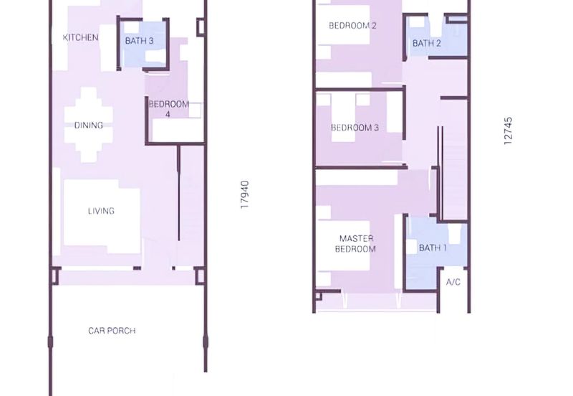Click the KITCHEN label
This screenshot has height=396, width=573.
pyautogui.click(x=80, y=37)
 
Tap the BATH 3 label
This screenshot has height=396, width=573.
pyautogui.click(x=139, y=41)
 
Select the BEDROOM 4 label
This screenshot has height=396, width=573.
pyautogui.click(x=168, y=109)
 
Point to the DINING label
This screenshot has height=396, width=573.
pyautogui.click(x=88, y=125)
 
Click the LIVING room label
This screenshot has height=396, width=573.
pyautogui.click(x=101, y=211)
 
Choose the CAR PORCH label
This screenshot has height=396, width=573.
pyautogui.click(x=112, y=331)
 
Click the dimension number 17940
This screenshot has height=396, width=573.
pyautogui.click(x=244, y=194)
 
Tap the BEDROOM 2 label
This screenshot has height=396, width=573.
pyautogui.click(x=352, y=26)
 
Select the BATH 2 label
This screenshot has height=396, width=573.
pyautogui.click(x=426, y=43)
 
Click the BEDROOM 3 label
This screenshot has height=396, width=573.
pyautogui.click(x=355, y=128)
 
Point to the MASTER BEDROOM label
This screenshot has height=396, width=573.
pyautogui.click(x=355, y=244)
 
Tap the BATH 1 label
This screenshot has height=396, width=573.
pyautogui.click(x=433, y=247)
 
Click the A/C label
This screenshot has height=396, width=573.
pyautogui.click(x=453, y=282)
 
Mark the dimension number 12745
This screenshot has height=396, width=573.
pyautogui.click(x=508, y=131)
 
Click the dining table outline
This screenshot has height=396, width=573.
pyautogui.click(x=88, y=124)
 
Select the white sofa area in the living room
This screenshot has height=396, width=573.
pyautogui.click(x=102, y=216)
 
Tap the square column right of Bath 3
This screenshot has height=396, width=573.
pyautogui.click(x=201, y=27)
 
